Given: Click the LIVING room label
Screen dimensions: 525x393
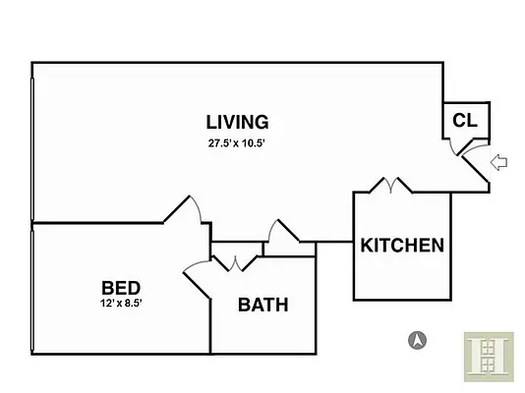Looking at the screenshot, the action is tap(237, 122).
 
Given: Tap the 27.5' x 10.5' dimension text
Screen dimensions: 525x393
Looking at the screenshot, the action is tap(237, 143).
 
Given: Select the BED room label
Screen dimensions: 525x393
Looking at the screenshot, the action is tap(121, 288).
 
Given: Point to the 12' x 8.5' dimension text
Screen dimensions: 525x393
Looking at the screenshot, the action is tap(121, 303).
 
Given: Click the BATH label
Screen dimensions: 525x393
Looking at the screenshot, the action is tap(263, 305).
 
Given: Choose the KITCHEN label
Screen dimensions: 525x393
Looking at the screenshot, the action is tap(402, 246).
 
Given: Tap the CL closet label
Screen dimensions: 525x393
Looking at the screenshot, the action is tap(465, 120).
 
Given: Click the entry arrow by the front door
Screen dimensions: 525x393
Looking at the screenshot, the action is tap(498, 162).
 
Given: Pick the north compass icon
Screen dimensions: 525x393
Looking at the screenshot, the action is tap(417, 340).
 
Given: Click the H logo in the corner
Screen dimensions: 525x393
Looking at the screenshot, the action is tap(489, 357).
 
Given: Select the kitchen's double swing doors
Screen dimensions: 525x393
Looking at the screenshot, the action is tap(390, 185).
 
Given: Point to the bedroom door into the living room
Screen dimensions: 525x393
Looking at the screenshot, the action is tap(184, 209).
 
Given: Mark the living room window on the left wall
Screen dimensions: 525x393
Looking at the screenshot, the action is tap(32, 149).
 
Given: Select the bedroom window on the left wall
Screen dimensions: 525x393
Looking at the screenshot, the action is tap(32, 290).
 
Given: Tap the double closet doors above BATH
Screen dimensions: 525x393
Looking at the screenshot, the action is tap(235, 263).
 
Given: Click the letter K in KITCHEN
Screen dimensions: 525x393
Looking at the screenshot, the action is tap(367, 246).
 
